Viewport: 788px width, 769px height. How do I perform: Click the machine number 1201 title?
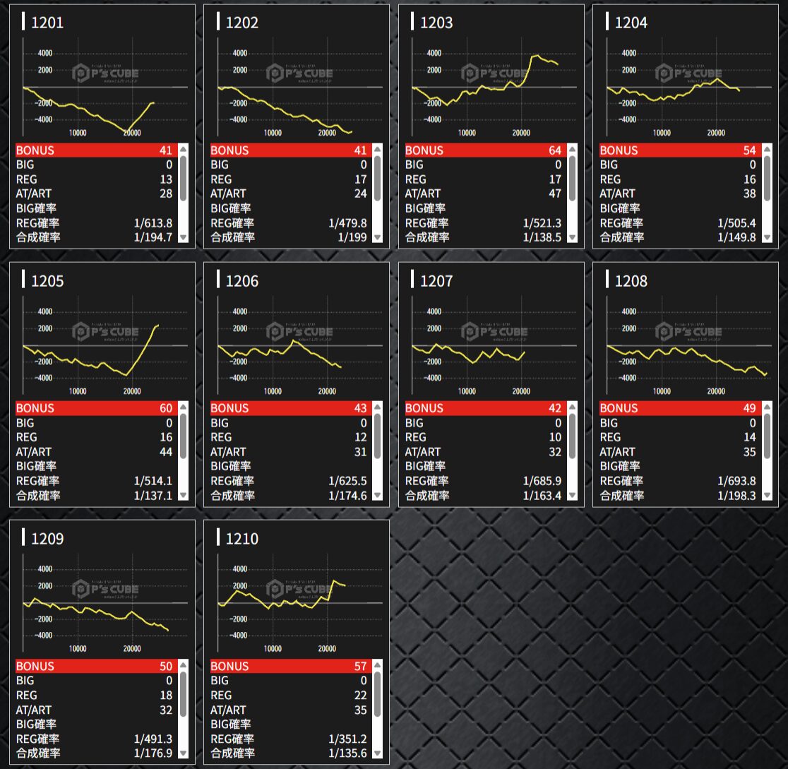click(x=47, y=23)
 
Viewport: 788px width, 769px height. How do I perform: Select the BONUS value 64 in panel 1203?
click(x=554, y=150)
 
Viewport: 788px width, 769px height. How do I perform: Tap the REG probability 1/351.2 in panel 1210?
click(x=347, y=739)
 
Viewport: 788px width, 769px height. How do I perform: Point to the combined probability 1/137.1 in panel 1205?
click(x=153, y=496)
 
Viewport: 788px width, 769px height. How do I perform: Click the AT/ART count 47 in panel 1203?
click(x=554, y=193)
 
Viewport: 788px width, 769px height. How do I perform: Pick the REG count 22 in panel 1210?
click(x=360, y=696)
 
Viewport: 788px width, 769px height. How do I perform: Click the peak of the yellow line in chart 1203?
click(x=537, y=55)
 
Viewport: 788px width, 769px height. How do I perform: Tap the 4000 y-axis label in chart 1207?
click(x=434, y=311)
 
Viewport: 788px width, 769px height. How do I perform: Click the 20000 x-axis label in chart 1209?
click(x=132, y=649)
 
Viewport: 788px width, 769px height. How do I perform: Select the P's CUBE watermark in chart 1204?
click(x=689, y=73)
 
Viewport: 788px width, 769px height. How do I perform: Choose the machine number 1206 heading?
click(x=241, y=281)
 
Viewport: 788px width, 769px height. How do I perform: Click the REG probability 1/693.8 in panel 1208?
click(x=736, y=481)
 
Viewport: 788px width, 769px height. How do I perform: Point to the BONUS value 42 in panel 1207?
click(x=554, y=408)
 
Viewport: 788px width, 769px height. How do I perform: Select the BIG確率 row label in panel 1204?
click(x=619, y=208)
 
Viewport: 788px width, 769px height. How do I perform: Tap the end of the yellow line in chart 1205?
click(x=158, y=325)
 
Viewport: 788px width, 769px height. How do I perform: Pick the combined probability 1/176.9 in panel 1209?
click(x=153, y=753)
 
